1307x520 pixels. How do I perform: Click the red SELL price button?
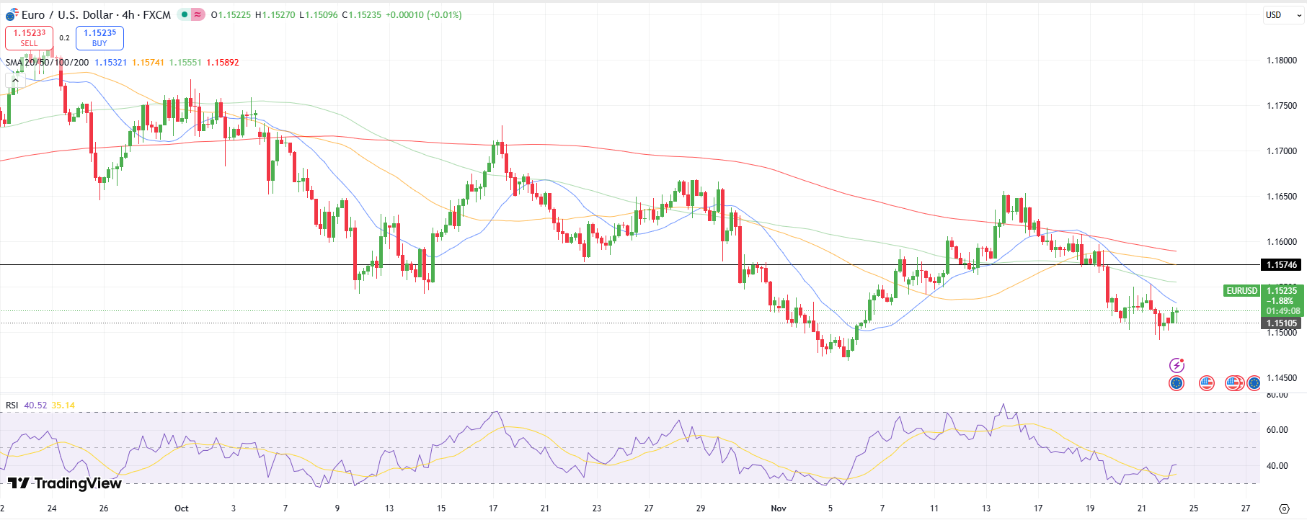pos(29,37)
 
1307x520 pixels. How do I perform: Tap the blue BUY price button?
pos(99,37)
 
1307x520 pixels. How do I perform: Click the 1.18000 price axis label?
pos(1282,60)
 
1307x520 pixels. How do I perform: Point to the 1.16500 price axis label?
pos(1282,197)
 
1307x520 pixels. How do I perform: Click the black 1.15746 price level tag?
pos(1282,265)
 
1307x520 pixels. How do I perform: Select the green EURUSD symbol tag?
pos(1241,291)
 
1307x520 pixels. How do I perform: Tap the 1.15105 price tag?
pos(1282,323)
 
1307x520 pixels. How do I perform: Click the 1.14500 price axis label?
pos(1282,378)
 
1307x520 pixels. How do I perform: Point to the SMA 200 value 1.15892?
pos(223,63)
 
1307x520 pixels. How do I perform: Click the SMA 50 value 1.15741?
pos(148,63)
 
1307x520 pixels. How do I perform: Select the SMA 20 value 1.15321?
pos(110,63)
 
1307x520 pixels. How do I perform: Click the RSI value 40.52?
pos(35,405)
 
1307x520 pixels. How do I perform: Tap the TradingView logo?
pos(65,483)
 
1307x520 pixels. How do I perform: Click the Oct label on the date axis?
pos(182,508)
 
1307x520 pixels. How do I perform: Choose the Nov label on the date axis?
pos(779,508)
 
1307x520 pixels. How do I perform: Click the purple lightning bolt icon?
pos(1177,365)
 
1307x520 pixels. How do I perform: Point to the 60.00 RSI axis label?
pos(1277,430)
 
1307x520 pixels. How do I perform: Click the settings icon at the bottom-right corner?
pos(1284,508)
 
